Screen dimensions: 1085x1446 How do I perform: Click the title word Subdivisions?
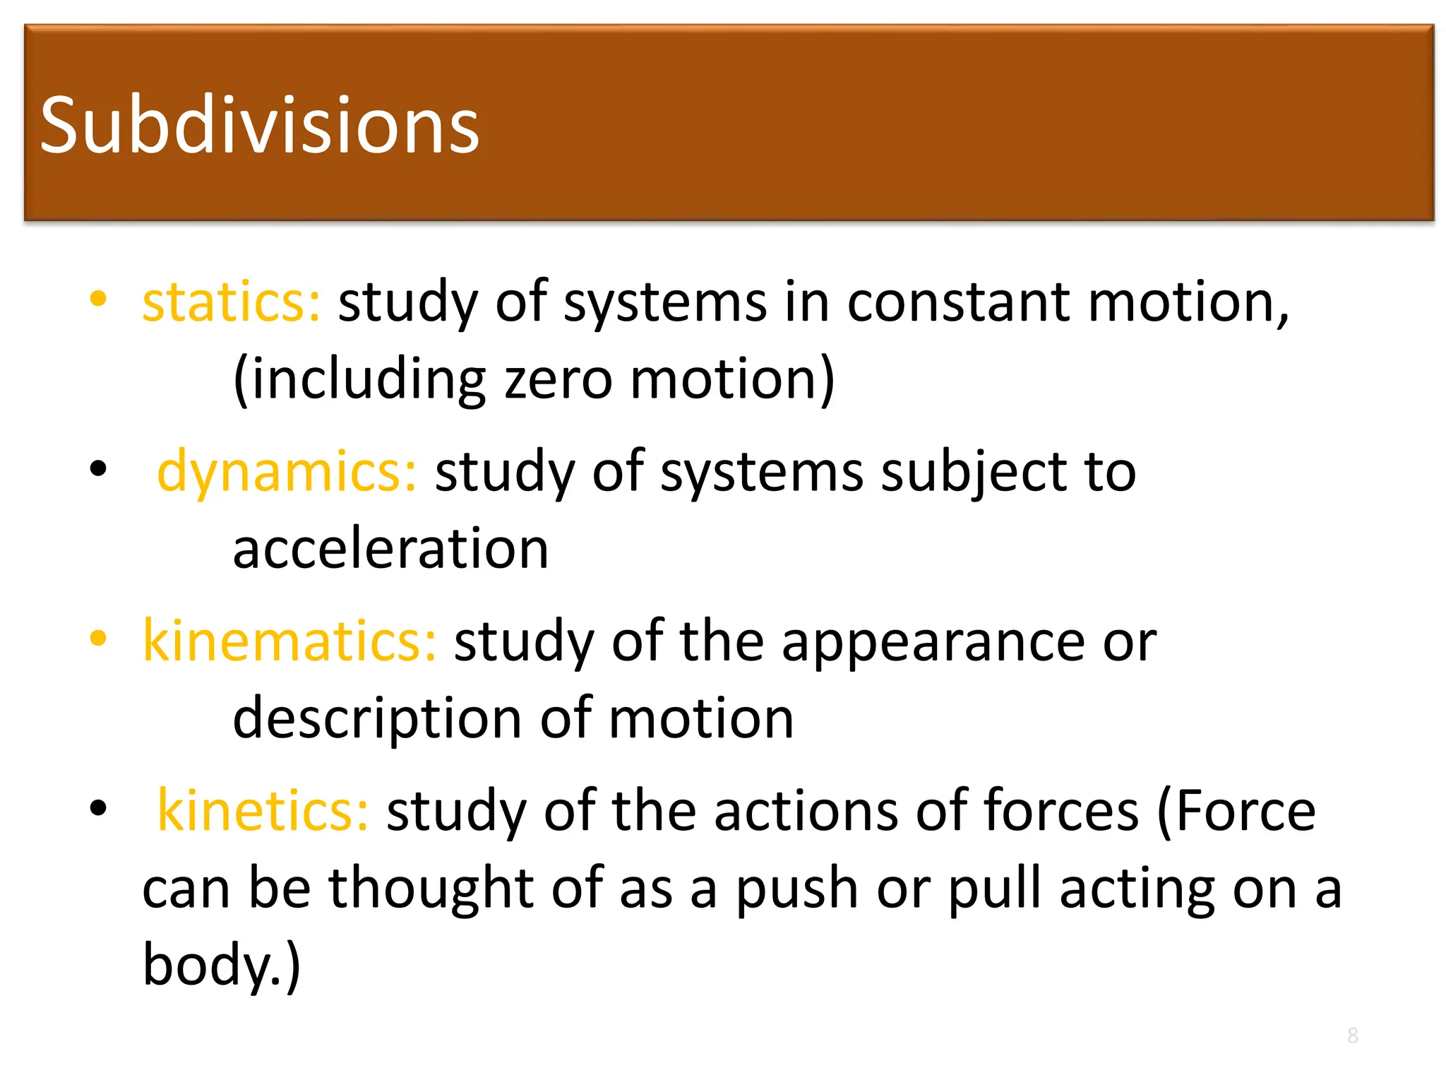260,126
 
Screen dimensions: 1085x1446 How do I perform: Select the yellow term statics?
232,302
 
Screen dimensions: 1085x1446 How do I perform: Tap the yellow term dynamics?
287,472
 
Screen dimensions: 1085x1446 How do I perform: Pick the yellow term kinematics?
289,641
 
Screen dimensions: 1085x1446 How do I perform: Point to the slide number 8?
1352,1036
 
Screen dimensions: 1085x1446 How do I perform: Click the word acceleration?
390,549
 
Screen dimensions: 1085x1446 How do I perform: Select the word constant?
959,302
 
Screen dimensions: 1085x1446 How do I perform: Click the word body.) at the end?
222,965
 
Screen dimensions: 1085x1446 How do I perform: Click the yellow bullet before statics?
98,299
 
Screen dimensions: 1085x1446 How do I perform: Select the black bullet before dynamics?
98,468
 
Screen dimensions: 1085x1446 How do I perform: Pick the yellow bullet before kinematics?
98,638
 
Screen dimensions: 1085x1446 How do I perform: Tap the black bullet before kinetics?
98,807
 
